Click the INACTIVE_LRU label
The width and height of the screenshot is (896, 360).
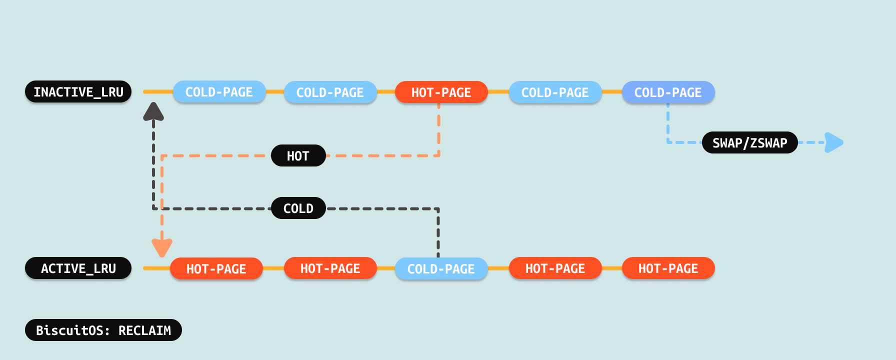point(78,92)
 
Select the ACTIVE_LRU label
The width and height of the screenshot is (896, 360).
point(78,268)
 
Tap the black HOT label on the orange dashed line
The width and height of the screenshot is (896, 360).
point(298,156)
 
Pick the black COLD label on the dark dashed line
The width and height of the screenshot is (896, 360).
point(298,208)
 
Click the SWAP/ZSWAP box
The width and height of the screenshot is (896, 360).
point(749,143)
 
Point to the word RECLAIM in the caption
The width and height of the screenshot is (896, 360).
point(144,330)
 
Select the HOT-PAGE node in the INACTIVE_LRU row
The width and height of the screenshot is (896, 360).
point(441,92)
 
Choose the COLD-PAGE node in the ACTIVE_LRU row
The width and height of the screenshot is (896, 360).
point(441,269)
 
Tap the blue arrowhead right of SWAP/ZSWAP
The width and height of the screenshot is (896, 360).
point(833,142)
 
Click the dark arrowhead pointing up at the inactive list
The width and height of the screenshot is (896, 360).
point(153,112)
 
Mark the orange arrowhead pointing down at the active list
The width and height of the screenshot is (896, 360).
point(162,247)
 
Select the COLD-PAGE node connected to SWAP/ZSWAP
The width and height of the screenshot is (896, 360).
point(668,92)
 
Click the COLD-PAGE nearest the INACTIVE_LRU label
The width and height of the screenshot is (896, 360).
point(219,92)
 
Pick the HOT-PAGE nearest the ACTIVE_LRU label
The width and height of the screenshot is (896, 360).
point(216,269)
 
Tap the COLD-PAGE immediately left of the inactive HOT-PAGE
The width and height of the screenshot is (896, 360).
point(330,92)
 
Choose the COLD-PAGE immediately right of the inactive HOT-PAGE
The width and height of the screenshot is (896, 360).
point(555,92)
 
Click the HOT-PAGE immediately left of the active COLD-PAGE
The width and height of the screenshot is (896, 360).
point(330,268)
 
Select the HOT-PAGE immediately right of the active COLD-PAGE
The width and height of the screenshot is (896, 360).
point(555,268)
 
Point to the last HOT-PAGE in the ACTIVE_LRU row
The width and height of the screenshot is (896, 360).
point(668,268)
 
